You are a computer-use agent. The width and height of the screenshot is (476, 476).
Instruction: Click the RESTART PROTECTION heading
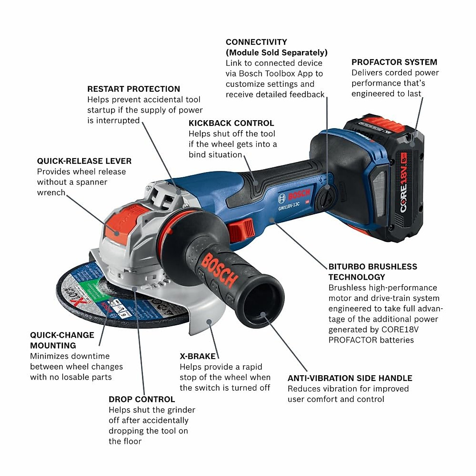tap(133, 89)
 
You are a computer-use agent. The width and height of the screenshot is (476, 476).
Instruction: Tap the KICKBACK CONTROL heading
tap(231, 123)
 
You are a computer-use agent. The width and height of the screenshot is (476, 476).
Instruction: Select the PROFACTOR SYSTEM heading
tap(394, 62)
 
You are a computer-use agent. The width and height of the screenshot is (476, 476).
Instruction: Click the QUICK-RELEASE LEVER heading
tap(84, 161)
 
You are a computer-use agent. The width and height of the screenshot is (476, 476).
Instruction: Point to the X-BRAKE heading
tap(198, 356)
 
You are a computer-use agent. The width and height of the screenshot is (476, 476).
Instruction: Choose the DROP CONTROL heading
tap(142, 399)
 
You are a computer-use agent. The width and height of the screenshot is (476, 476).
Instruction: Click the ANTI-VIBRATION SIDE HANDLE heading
tap(349, 378)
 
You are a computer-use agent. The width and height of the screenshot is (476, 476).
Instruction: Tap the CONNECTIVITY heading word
tap(256, 42)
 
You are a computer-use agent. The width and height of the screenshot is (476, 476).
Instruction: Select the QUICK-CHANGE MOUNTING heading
tap(62, 340)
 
